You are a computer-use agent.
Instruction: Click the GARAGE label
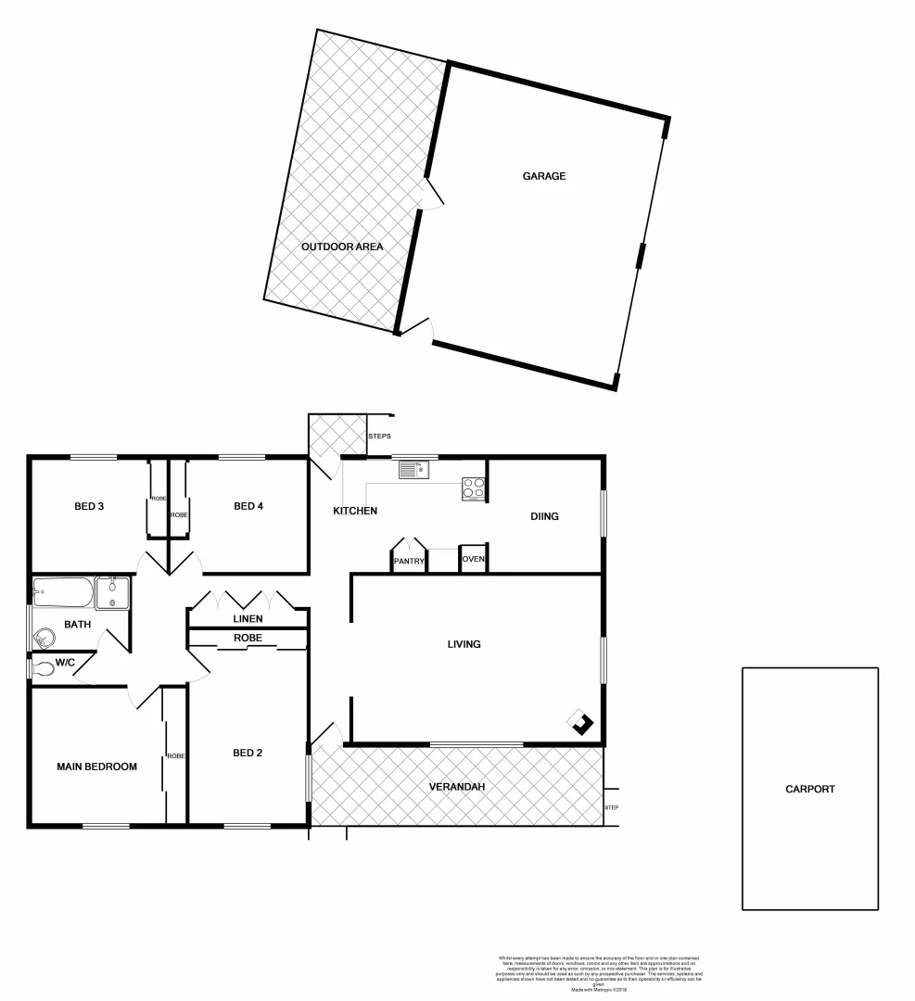click(x=543, y=176)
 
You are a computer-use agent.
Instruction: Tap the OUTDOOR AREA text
click(x=342, y=247)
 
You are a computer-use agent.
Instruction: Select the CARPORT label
click(x=809, y=790)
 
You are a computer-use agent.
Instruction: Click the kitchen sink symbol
click(x=413, y=471)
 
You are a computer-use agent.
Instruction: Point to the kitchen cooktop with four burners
click(x=474, y=488)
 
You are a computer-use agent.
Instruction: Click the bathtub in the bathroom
click(x=62, y=590)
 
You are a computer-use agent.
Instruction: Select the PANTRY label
click(x=409, y=561)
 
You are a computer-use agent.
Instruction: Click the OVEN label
click(x=473, y=559)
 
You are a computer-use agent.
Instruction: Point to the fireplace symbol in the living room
click(x=582, y=723)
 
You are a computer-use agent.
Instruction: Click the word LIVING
click(x=464, y=644)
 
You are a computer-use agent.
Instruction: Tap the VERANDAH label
click(x=457, y=787)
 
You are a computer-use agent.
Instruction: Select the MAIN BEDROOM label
click(x=96, y=767)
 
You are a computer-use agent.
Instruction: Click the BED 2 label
click(x=248, y=753)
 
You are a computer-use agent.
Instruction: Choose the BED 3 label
click(x=89, y=506)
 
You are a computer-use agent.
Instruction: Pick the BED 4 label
click(x=248, y=506)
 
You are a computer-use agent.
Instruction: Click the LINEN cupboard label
click(x=248, y=619)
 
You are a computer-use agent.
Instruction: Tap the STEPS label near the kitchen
click(x=380, y=436)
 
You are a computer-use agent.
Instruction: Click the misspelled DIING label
click(x=544, y=516)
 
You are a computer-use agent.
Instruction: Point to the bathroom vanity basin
click(x=113, y=590)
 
